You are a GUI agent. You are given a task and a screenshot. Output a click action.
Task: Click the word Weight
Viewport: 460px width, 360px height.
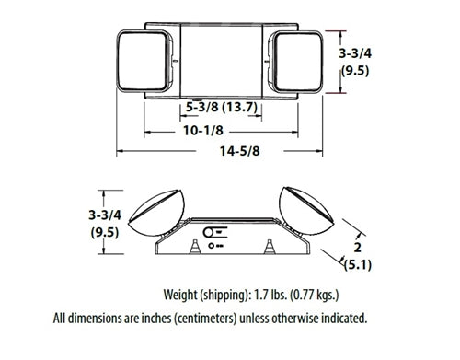point(184,296)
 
